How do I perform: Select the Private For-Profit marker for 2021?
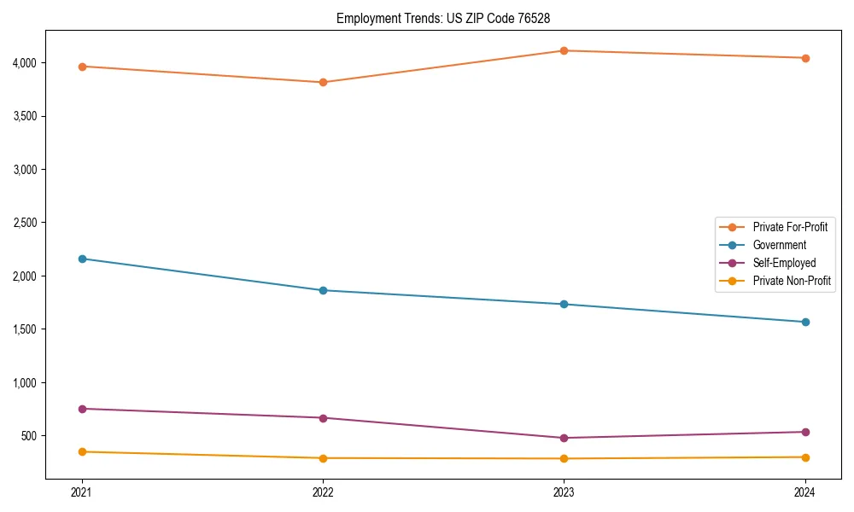pyautogui.click(x=82, y=67)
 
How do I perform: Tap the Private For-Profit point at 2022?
pyautogui.click(x=323, y=83)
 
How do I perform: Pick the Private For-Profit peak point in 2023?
pyautogui.click(x=564, y=50)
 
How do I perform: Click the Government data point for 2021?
pyautogui.click(x=82, y=259)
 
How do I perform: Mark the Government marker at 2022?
pyautogui.click(x=323, y=290)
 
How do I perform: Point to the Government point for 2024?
pyautogui.click(x=804, y=322)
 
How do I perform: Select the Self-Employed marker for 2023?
pyautogui.click(x=564, y=438)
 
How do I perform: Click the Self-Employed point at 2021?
pyautogui.click(x=82, y=409)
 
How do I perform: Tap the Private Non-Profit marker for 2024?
pyautogui.click(x=804, y=457)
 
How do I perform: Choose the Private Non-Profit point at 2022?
pyautogui.click(x=323, y=458)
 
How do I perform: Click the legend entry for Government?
pyautogui.click(x=779, y=245)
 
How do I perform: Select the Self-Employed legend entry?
pyautogui.click(x=784, y=263)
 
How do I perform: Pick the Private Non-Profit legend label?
pyautogui.click(x=792, y=281)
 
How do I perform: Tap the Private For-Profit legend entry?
pyautogui.click(x=790, y=227)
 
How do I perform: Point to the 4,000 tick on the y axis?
pyautogui.click(x=25, y=62)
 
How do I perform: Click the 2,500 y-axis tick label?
pyautogui.click(x=25, y=223)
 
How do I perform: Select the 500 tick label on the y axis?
pyautogui.click(x=29, y=436)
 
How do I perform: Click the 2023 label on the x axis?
pyautogui.click(x=564, y=492)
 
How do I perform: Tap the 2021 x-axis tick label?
pyautogui.click(x=82, y=492)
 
